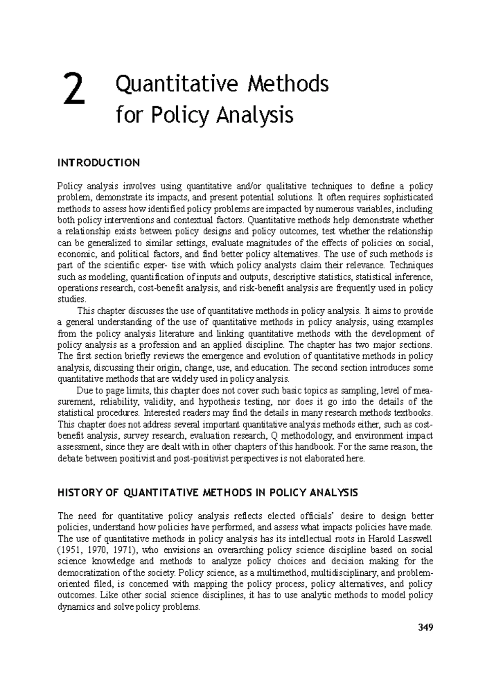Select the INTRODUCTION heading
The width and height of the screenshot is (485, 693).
coord(99,163)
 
